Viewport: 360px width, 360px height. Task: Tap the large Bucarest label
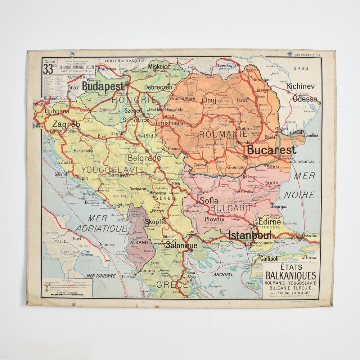tap(271, 150)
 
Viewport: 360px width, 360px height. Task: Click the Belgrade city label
tap(144, 158)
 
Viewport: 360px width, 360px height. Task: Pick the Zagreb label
tap(66, 124)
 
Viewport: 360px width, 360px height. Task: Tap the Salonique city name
tap(181, 246)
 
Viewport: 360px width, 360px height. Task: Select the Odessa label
tap(305, 99)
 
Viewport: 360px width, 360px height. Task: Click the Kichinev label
tap(301, 86)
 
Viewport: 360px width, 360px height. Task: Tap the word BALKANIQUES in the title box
tap(291, 276)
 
